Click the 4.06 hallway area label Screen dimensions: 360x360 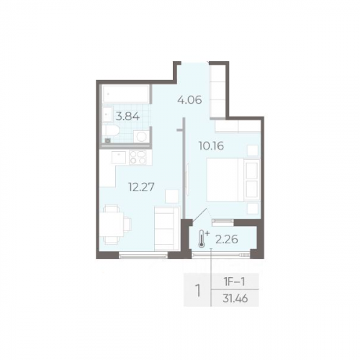(x=189, y=99)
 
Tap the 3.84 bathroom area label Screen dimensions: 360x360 (x=127, y=117)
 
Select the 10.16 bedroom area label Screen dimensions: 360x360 (x=211, y=145)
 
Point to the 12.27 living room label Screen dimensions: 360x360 (x=141, y=186)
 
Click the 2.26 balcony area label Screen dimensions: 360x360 (x=227, y=239)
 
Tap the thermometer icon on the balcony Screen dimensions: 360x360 (x=201, y=238)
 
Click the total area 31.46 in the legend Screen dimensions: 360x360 (x=235, y=299)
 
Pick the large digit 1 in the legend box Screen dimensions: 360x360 (x=198, y=290)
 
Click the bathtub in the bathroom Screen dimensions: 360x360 (x=126, y=94)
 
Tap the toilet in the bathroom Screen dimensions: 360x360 (x=111, y=130)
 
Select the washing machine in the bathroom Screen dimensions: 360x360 (x=142, y=137)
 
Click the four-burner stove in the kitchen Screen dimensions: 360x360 (x=138, y=158)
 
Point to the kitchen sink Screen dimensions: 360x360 (x=119, y=158)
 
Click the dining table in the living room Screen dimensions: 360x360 (x=112, y=225)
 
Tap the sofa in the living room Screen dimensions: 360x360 (x=167, y=228)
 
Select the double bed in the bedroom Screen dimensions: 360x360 (x=233, y=179)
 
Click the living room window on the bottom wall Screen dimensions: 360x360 (x=143, y=256)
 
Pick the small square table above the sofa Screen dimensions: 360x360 (x=172, y=197)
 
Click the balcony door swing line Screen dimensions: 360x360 (x=199, y=215)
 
